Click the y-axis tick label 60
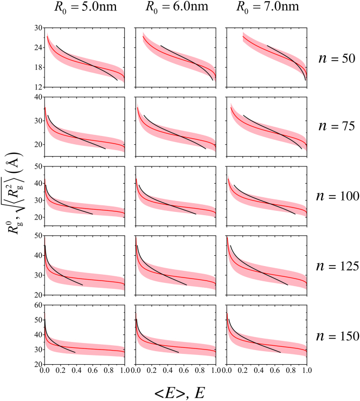point(37,305)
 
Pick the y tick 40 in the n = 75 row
point(37,97)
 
